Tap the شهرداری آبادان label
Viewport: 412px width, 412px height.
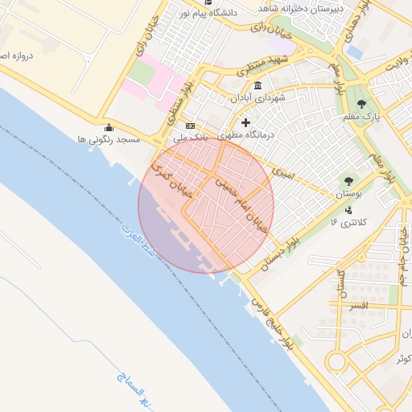(x=257, y=97)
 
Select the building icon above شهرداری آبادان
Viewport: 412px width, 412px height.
(x=257, y=85)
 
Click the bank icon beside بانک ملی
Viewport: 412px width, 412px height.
(x=191, y=126)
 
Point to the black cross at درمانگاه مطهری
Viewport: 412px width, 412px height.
(x=245, y=123)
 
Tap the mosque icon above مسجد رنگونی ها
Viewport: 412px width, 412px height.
(x=109, y=127)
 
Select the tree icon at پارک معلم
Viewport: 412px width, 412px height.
(x=361, y=104)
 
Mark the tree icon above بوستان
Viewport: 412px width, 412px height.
(x=348, y=182)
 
